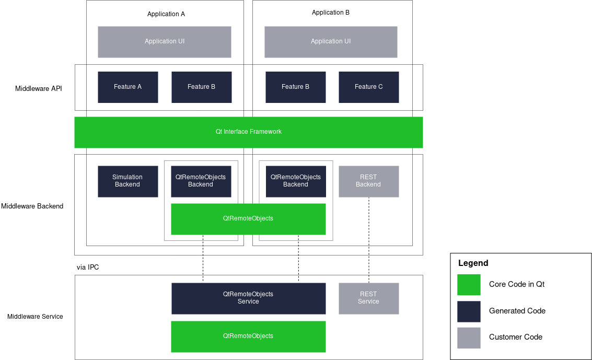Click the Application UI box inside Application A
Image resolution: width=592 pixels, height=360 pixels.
(x=165, y=42)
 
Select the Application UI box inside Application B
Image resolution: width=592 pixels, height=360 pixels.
(x=331, y=42)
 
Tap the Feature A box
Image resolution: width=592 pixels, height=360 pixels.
(x=128, y=87)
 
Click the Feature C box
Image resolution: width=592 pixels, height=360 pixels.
(x=369, y=87)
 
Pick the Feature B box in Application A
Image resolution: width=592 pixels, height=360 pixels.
(x=202, y=87)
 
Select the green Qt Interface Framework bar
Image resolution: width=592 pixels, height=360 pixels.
(x=249, y=132)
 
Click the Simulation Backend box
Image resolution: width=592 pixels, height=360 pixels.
(x=128, y=181)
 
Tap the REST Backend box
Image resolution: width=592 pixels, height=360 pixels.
(x=369, y=181)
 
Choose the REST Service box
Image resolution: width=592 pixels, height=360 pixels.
(x=369, y=298)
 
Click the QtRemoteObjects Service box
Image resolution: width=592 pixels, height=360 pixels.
(x=249, y=298)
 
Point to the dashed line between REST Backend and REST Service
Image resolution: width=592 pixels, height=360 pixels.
(x=369, y=240)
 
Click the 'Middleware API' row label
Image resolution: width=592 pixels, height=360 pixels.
(x=39, y=88)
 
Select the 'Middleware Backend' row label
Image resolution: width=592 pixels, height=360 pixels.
(x=32, y=206)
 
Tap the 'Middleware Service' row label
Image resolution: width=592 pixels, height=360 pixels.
(x=35, y=317)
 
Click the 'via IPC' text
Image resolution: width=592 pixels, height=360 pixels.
(x=88, y=268)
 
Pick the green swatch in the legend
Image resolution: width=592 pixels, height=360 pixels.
(x=469, y=285)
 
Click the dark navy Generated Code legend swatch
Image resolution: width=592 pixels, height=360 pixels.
(x=469, y=311)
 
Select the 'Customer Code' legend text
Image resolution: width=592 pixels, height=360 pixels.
(x=516, y=338)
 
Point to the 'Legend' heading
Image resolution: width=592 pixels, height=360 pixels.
(x=473, y=263)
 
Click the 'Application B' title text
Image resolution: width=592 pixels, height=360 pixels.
(x=331, y=13)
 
